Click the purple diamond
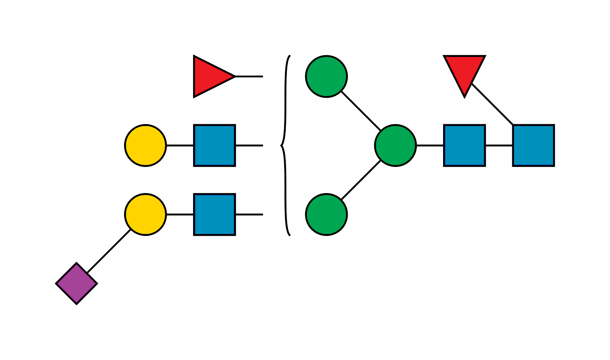(77, 284)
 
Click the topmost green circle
(326, 76)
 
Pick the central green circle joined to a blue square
(395, 145)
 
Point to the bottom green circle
(326, 215)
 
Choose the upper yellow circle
(145, 145)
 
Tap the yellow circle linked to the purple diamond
(145, 215)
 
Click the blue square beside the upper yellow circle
(215, 145)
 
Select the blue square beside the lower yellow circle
(215, 215)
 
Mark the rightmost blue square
(533, 145)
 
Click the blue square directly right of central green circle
(464, 145)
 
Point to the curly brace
(285, 145)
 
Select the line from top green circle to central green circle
(360, 111)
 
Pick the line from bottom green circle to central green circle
(361, 180)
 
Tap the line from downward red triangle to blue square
(493, 104)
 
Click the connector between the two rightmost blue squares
(499, 145)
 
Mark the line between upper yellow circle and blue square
(180, 145)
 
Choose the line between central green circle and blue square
(430, 145)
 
